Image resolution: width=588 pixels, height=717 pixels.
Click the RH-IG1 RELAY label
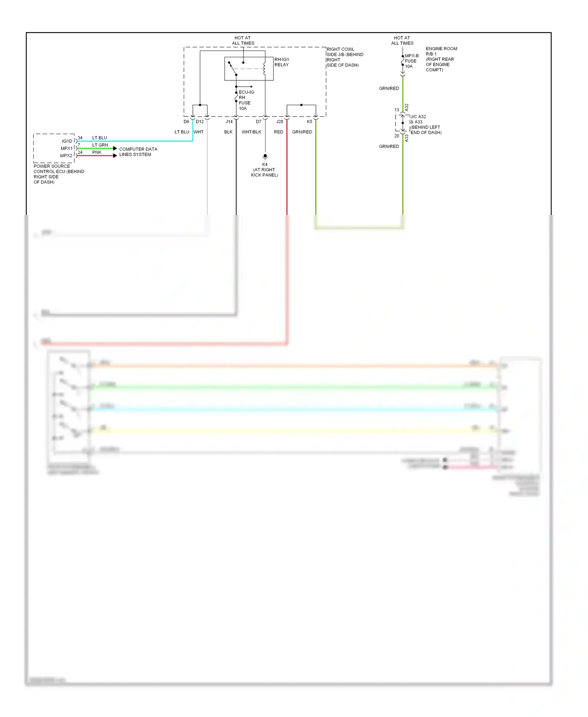281,62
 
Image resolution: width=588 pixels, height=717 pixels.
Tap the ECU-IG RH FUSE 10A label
245,100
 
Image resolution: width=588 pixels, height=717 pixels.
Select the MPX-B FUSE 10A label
411,61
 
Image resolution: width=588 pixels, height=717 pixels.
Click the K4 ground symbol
265,157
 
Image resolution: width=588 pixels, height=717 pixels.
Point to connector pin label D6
186,122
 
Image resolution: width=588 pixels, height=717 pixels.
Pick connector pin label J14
229,122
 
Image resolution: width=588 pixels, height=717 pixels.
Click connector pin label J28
279,122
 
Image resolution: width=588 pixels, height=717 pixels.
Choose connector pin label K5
309,122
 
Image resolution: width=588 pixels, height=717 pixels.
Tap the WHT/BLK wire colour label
251,132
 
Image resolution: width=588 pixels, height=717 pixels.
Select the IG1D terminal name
67,141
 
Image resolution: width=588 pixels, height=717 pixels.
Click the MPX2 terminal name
66,156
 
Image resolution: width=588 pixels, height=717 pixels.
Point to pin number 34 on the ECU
80,138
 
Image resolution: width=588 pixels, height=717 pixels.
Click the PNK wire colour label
97,153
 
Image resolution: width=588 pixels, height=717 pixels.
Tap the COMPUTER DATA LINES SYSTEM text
138,152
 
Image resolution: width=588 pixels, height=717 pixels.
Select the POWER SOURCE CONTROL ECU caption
59,174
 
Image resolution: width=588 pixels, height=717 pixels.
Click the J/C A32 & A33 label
426,125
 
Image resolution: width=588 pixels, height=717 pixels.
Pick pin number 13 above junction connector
397,110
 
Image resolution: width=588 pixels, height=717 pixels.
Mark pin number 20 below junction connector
397,136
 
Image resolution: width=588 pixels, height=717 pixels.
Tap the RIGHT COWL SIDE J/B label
345,57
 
